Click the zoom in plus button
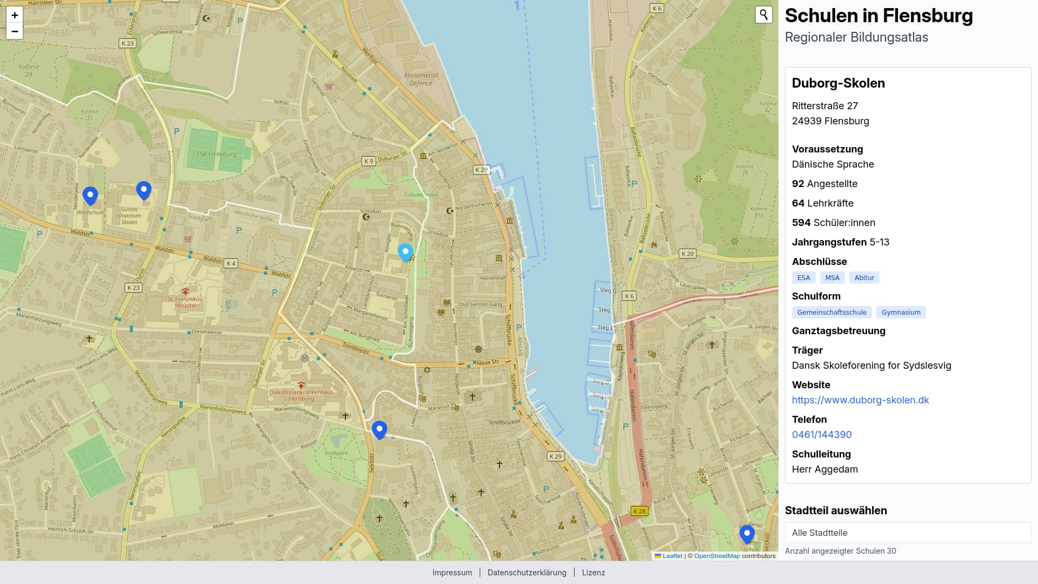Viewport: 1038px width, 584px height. pos(15,15)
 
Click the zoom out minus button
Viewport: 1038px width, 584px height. pos(15,31)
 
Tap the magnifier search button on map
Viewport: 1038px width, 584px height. pos(763,15)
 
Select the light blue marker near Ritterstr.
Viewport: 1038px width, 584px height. pos(405,252)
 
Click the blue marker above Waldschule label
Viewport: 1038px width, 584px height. pos(90,195)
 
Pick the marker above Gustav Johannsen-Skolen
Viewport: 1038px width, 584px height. pos(143,190)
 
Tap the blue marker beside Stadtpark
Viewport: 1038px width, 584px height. pos(380,430)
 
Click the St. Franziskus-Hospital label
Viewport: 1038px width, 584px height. pos(185,302)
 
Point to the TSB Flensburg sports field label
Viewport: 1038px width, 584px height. pos(216,154)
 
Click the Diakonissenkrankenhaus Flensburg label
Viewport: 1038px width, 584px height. pos(301,395)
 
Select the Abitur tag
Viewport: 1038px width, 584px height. pos(864,278)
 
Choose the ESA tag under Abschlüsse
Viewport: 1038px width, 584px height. pos(803,278)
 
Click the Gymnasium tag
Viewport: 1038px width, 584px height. pos(901,313)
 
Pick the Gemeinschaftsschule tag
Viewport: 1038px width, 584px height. pos(831,313)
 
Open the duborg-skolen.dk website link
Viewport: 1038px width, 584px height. pos(860,400)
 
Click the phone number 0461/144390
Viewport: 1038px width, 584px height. pos(821,435)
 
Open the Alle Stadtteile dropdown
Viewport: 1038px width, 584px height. pos(908,533)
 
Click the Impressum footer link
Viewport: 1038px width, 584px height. pos(452,573)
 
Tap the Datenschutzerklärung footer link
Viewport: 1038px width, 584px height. pos(527,573)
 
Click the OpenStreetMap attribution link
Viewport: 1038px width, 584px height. pos(716,556)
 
